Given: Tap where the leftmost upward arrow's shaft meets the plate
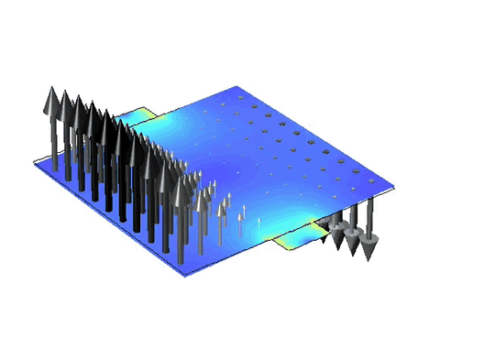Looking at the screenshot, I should [53, 169].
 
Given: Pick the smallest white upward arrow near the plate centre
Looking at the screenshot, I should [259, 220].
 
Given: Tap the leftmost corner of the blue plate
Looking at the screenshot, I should [35, 166].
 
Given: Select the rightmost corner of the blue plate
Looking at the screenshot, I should [395, 193].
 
